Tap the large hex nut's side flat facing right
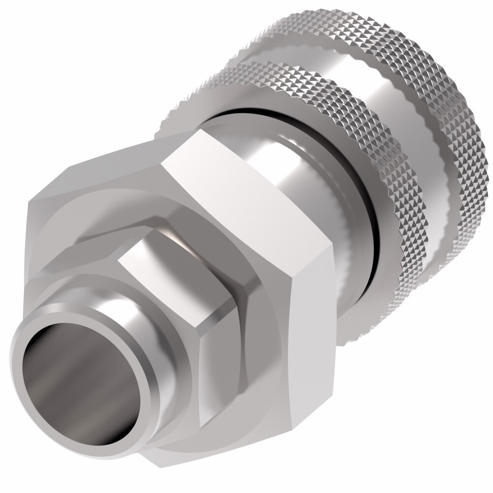[x=316, y=335]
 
